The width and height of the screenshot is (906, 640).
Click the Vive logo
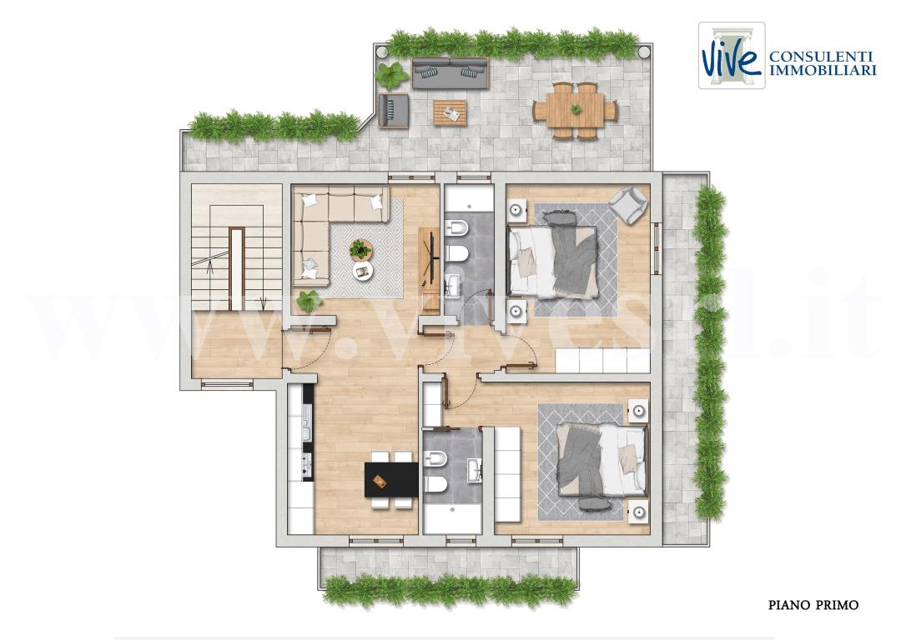tap(731, 56)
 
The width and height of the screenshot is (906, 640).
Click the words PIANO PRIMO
tap(813, 605)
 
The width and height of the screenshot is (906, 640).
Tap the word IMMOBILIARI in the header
tap(822, 71)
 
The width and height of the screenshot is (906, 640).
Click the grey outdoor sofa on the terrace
tap(450, 72)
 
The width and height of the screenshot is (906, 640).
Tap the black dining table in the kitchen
tap(391, 480)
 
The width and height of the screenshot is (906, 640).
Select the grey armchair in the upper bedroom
tap(627, 204)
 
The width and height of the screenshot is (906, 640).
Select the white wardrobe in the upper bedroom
tap(602, 361)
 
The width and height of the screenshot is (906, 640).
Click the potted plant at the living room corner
tap(309, 298)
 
